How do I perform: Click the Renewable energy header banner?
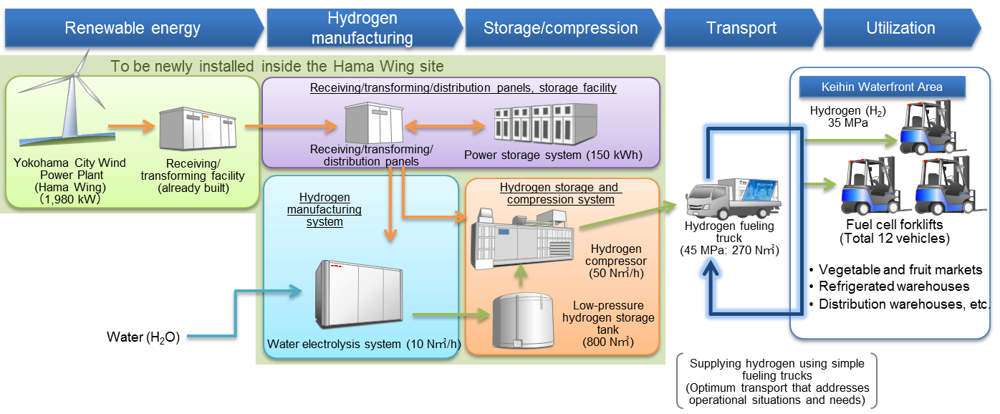tap(133, 29)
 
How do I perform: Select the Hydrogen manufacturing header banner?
tap(362, 29)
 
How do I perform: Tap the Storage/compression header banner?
tap(560, 29)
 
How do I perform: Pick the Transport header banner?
tap(741, 29)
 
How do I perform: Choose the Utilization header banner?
tap(900, 29)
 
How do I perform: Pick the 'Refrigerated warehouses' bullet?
tap(893, 287)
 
